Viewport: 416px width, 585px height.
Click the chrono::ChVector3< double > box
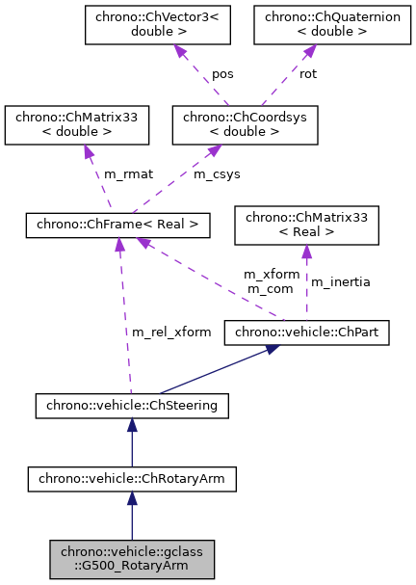point(158,25)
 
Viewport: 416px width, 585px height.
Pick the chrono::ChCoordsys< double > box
point(244,125)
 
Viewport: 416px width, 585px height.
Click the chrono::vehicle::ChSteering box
point(132,406)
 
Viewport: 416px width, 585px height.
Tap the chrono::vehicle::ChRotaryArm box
point(132,477)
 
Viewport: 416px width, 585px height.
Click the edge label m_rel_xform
point(170,332)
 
